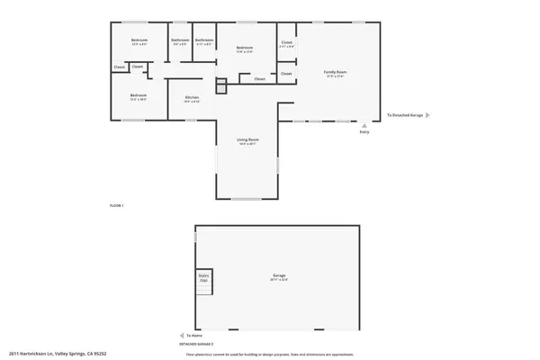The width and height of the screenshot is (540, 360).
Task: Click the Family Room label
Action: point(335,73)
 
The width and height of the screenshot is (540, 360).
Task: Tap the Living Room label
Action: point(247,140)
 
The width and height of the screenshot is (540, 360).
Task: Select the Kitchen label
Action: point(192,98)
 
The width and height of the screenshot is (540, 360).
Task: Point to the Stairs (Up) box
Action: point(204,280)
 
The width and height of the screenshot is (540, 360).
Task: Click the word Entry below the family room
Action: point(364,132)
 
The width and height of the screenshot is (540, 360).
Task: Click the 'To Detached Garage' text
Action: point(404,115)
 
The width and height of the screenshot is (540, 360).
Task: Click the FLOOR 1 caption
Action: point(116,206)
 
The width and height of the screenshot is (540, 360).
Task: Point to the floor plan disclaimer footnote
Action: point(270,354)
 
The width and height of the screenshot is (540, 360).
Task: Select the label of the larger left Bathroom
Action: point(180,40)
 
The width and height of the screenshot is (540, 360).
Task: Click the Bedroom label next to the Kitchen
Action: point(138,96)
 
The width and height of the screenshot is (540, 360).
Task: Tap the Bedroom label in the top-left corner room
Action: point(139,41)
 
